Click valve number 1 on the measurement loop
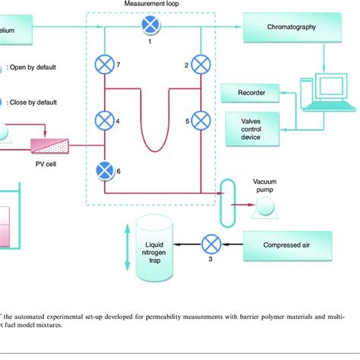coord(149,26)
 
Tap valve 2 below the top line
coord(201,64)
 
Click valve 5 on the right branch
coord(201,119)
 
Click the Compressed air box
coord(287,245)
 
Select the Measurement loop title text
coord(149,5)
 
